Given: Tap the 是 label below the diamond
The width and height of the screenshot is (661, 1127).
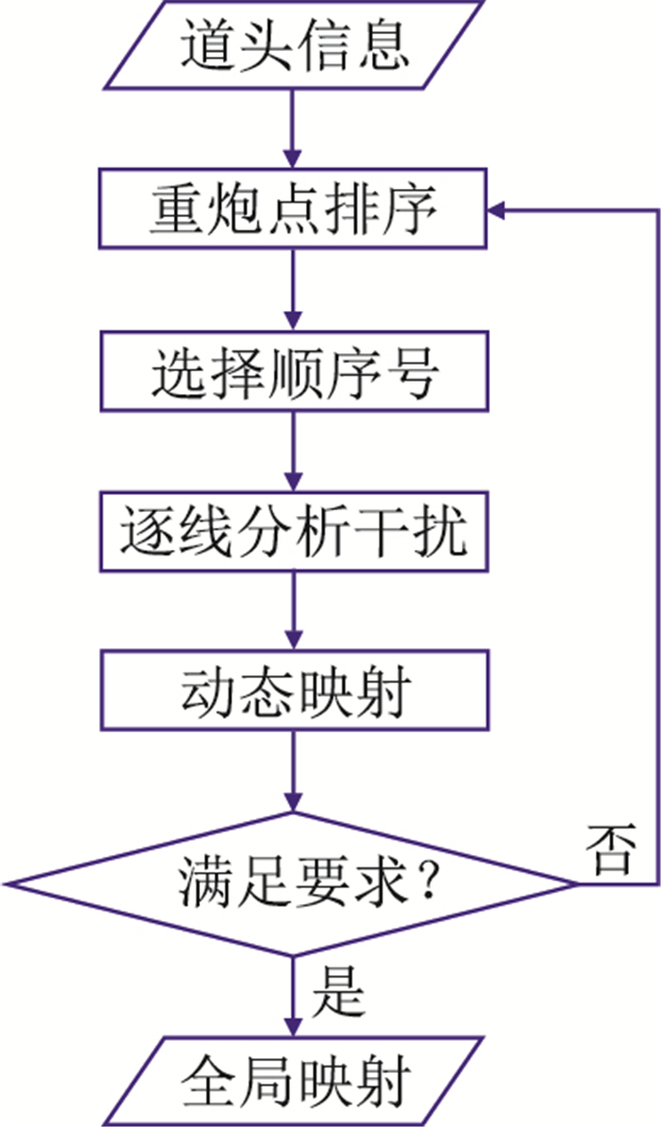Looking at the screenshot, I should [337, 993].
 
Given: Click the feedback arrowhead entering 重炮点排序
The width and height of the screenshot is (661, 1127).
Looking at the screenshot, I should [497, 210].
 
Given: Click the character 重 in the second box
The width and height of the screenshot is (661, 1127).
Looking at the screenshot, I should [173, 210].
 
